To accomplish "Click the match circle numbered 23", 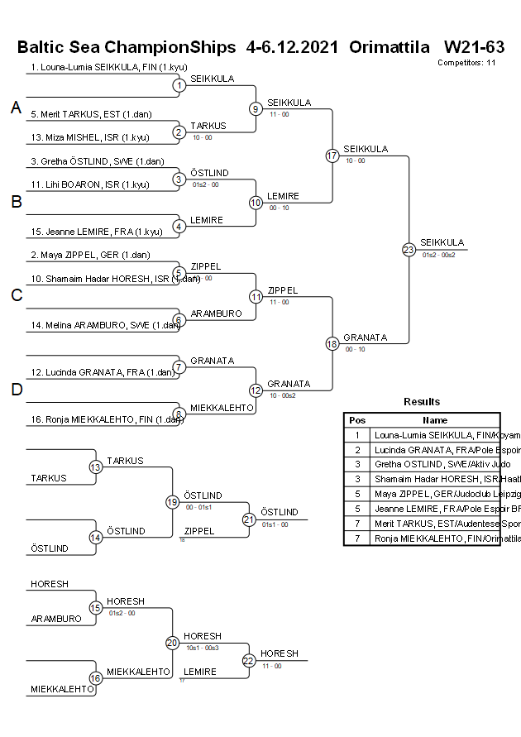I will (409, 249).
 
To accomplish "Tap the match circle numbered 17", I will (332, 156).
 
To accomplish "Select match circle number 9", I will (256, 108).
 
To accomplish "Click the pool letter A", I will (16, 108).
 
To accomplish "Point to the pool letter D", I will (16, 390).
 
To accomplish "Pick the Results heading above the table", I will (422, 402).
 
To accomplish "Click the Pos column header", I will (357, 420).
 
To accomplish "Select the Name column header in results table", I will (435, 420).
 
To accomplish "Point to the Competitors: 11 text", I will (466, 62).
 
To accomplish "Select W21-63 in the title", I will (474, 47).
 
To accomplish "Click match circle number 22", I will (249, 660).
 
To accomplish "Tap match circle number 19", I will (173, 502).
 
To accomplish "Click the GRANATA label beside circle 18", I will (361, 337).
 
